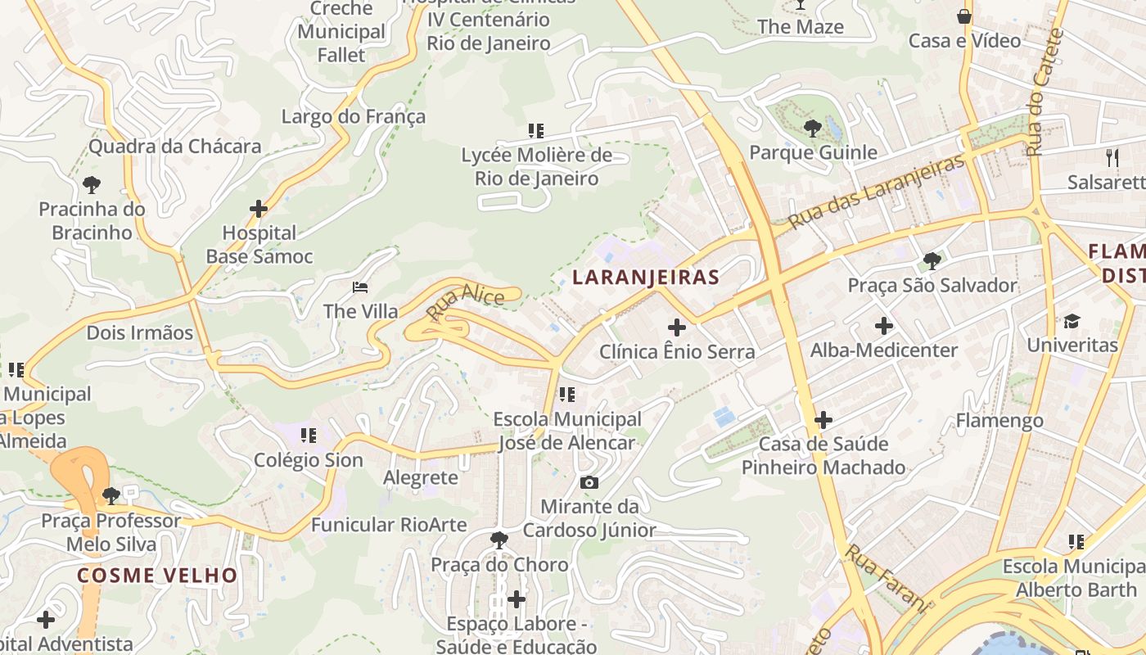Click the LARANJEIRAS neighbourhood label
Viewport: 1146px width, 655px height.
point(646,278)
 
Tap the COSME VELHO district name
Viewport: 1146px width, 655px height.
point(157,575)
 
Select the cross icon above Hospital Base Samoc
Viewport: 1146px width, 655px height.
point(259,209)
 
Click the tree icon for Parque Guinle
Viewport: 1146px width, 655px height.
point(812,128)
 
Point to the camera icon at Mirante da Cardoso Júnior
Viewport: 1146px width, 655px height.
point(589,482)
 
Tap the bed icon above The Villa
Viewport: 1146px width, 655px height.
point(360,287)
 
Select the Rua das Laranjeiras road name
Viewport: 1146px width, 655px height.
point(877,191)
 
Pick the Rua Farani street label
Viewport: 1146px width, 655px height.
point(888,579)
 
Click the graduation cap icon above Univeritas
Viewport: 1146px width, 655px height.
point(1072,320)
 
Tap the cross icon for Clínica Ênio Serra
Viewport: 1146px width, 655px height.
point(677,327)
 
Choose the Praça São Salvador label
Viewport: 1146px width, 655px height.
point(932,285)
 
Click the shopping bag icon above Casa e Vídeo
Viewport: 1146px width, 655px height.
point(964,16)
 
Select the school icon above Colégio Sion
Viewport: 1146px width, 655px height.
point(308,436)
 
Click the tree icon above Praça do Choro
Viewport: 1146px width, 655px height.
point(499,540)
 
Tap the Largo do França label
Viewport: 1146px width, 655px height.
point(353,116)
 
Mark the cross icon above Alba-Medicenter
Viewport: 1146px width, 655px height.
point(884,326)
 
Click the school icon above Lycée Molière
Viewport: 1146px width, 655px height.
point(536,130)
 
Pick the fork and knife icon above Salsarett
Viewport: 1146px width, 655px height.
point(1112,157)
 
